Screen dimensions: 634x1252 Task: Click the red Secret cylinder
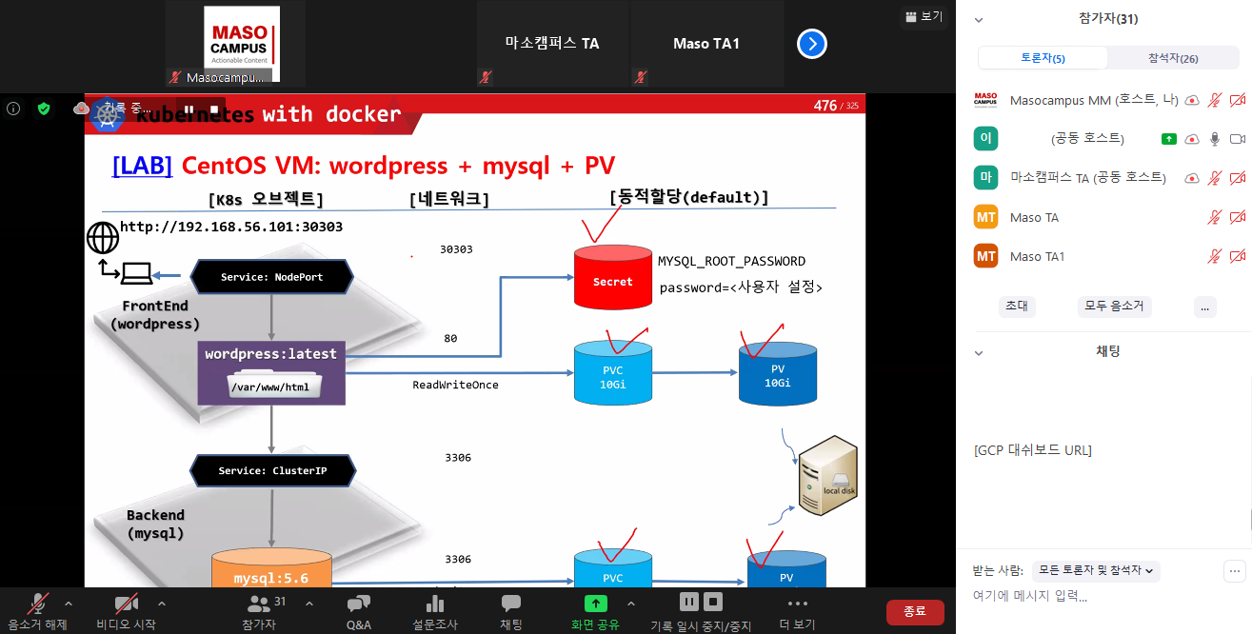tap(612, 278)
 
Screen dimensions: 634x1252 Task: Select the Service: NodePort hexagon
tap(272, 277)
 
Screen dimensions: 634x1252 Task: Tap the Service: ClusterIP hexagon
tap(272, 470)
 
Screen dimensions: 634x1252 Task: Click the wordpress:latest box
tap(271, 372)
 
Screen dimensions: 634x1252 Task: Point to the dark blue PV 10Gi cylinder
tap(777, 374)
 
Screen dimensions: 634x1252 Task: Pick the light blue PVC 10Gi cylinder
tap(612, 374)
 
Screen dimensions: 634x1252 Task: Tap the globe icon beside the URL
tap(103, 236)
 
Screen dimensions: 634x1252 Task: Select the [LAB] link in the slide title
tap(142, 165)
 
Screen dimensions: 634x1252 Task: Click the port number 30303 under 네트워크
tap(456, 249)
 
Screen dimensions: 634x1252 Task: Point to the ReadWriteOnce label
tap(455, 385)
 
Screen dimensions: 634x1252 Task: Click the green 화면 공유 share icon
tap(595, 604)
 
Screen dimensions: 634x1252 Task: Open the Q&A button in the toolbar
tap(359, 611)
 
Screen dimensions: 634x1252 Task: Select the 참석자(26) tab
tap(1173, 58)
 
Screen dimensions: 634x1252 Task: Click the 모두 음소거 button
tap(1115, 307)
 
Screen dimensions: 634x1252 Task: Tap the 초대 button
tap(1016, 307)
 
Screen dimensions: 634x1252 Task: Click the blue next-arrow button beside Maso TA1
tap(812, 44)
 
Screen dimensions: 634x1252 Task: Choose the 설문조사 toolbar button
tap(435, 611)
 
